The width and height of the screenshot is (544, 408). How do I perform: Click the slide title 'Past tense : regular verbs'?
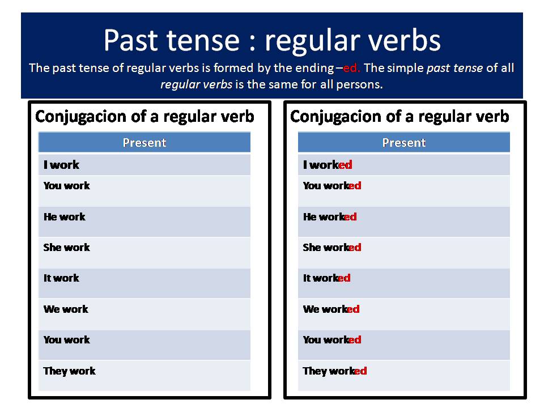(272, 40)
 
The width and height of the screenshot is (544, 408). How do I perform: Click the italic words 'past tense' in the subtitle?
(455, 68)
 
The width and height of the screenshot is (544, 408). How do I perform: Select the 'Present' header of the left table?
(144, 143)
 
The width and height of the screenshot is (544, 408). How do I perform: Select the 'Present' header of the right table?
(403, 143)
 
